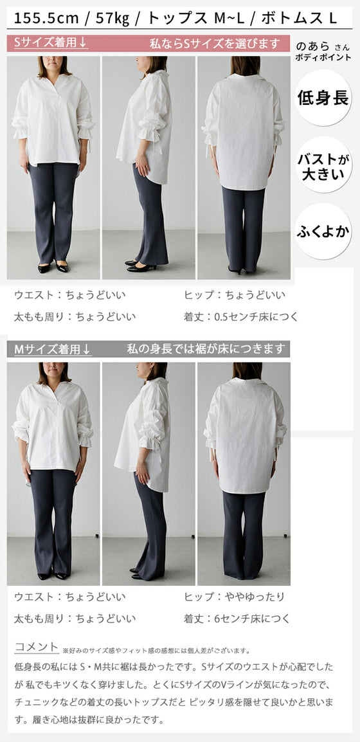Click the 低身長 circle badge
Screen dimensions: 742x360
(x=323, y=98)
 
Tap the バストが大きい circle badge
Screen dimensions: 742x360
(x=323, y=165)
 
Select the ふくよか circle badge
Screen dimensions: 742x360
(x=323, y=231)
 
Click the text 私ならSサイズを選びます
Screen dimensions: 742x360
(x=214, y=44)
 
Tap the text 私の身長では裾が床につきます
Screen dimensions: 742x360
(x=205, y=350)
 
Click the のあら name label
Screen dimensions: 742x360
(x=313, y=46)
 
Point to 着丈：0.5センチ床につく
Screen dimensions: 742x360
(x=240, y=316)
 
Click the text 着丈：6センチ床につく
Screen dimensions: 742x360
(x=237, y=619)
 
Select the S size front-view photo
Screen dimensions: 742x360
(x=53, y=167)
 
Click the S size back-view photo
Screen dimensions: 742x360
(x=244, y=167)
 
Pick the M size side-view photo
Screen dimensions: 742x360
(x=148, y=473)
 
